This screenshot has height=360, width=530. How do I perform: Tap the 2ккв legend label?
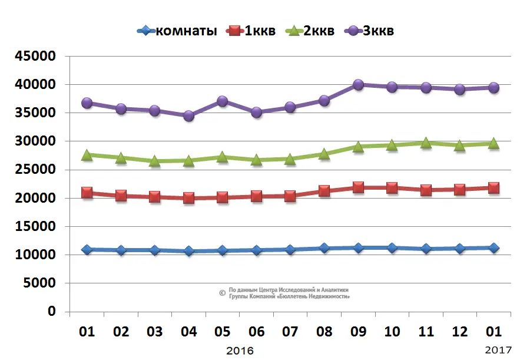318,31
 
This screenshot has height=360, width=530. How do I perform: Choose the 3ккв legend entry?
377,31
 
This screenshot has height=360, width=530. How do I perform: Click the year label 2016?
240,351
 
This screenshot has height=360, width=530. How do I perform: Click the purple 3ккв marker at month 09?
358,85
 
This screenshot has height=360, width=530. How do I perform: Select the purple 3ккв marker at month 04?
188,116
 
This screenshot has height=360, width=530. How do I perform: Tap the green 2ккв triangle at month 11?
426,143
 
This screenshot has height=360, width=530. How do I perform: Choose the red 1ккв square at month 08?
324,191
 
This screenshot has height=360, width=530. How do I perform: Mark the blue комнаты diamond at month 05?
223,250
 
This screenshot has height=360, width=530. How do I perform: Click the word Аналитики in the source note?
334,290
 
